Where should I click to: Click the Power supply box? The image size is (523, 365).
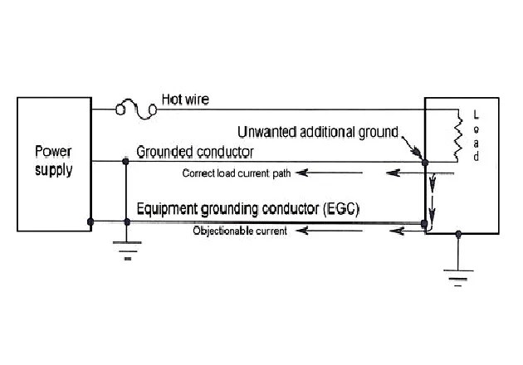pyautogui.click(x=53, y=163)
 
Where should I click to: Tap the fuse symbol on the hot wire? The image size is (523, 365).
pyautogui.click(x=136, y=108)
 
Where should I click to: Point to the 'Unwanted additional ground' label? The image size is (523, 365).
pyautogui.click(x=318, y=131)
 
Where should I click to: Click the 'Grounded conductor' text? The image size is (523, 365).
pyautogui.click(x=195, y=152)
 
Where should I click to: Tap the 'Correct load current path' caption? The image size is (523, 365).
pyautogui.click(x=235, y=173)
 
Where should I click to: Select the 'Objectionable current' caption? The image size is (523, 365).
pyautogui.click(x=239, y=231)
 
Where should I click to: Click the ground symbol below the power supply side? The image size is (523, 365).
pyautogui.click(x=127, y=248)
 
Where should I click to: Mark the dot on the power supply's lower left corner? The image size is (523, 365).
pyautogui.click(x=90, y=221)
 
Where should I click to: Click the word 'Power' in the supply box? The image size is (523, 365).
pyautogui.click(x=53, y=152)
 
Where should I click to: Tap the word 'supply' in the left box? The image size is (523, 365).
pyautogui.click(x=53, y=171)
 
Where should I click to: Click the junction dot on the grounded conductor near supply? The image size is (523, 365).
pyautogui.click(x=127, y=161)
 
